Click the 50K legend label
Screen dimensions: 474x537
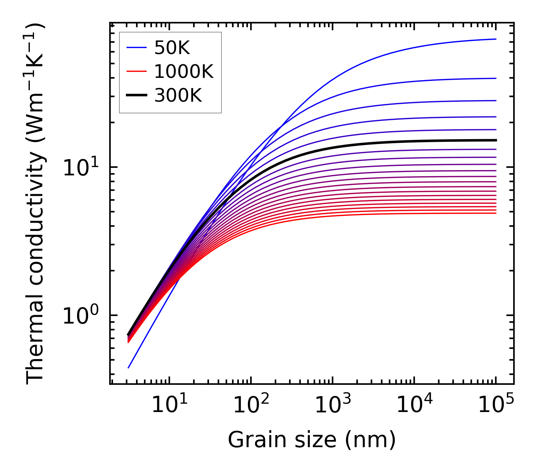coord(172,48)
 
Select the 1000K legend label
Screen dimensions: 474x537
coord(184,71)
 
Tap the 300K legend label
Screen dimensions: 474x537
coord(178,96)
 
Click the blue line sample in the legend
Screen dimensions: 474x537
coord(136,48)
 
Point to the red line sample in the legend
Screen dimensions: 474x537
coord(136,71)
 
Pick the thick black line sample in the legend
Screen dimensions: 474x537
coord(136,96)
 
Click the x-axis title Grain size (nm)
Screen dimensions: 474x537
coord(312,440)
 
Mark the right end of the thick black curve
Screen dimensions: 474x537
coord(495,140)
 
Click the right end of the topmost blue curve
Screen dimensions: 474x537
coord(495,39)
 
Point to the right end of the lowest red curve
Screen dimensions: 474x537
coord(495,213)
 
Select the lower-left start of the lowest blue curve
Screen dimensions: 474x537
coord(128,367)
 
